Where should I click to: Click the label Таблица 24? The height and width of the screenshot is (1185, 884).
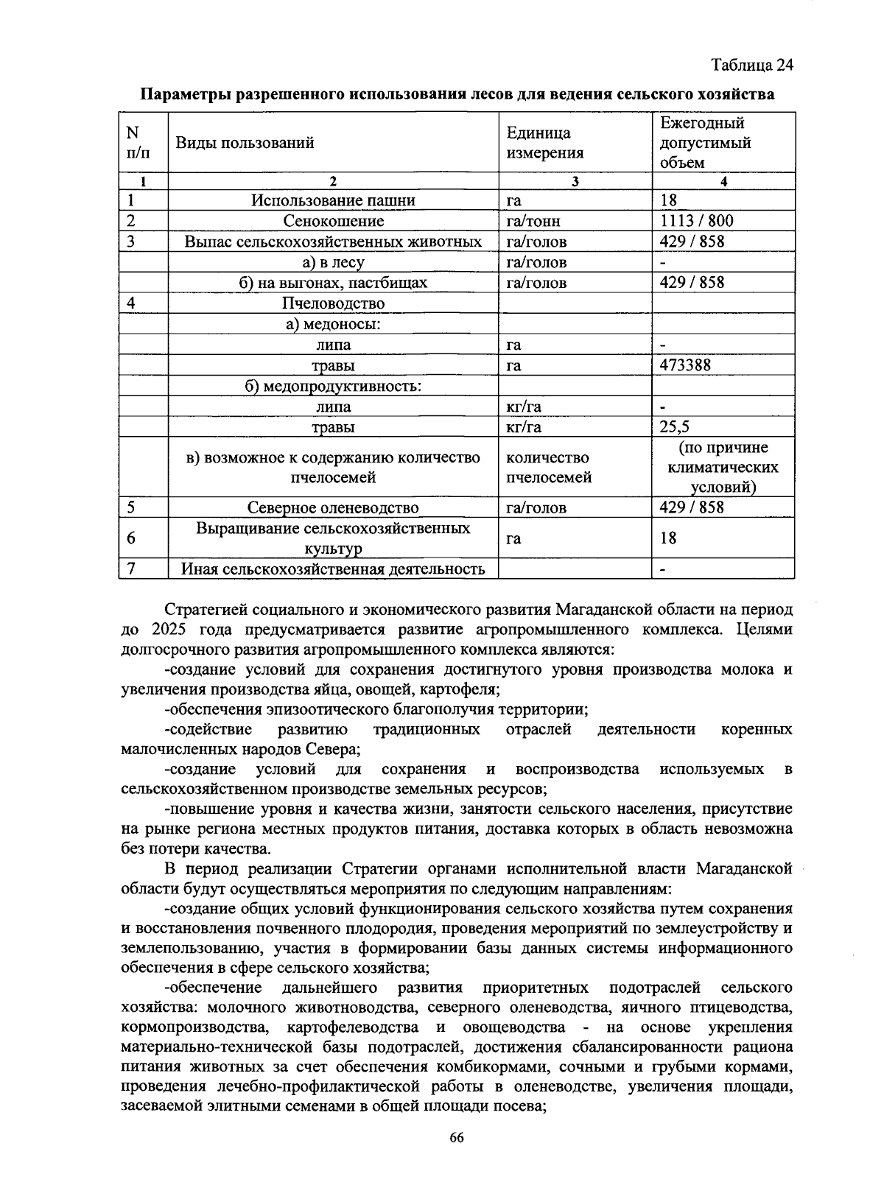(x=752, y=65)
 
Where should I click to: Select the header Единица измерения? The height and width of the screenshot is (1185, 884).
(x=545, y=143)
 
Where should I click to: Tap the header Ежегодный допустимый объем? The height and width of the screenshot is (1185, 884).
(x=705, y=143)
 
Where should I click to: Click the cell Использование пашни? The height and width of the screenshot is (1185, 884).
(x=333, y=200)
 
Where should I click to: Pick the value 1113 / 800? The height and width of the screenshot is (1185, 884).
(x=696, y=221)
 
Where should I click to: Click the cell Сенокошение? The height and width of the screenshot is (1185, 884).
(x=333, y=221)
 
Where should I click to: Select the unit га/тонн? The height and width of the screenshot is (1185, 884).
(x=533, y=221)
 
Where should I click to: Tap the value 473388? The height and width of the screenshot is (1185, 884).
(x=685, y=365)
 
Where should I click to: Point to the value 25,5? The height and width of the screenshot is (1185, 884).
(x=674, y=427)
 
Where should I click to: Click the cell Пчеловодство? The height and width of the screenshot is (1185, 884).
(x=333, y=303)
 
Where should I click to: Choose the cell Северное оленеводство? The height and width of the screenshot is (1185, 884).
(x=333, y=507)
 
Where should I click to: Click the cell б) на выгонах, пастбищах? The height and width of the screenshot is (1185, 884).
(x=333, y=283)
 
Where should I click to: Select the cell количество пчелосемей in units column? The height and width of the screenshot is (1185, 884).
(x=549, y=468)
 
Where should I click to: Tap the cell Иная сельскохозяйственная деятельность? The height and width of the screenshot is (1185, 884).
(x=333, y=569)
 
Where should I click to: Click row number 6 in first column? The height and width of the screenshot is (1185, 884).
(x=131, y=538)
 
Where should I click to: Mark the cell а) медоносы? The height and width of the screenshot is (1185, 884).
(x=333, y=324)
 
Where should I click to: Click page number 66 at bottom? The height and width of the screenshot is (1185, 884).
(x=457, y=1138)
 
